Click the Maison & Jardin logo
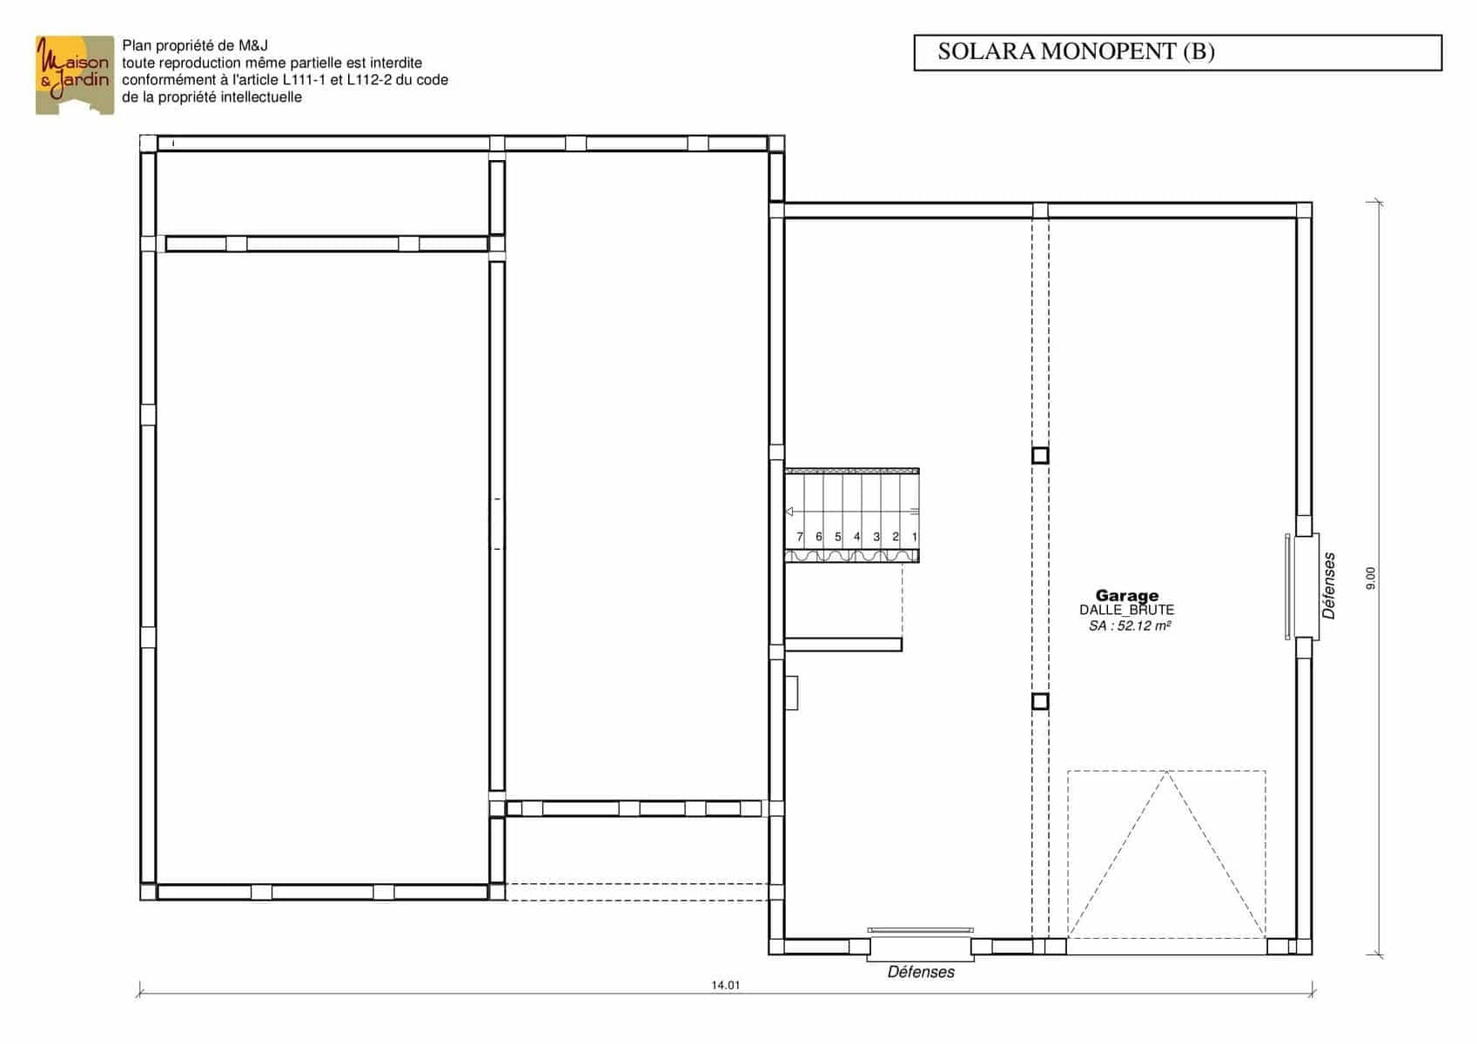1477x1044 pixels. pyautogui.click(x=75, y=75)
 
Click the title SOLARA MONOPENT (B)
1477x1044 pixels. pyautogui.click(x=1076, y=51)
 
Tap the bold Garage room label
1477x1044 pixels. pyautogui.click(x=1127, y=595)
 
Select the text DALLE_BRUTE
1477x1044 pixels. pyautogui.click(x=1127, y=611)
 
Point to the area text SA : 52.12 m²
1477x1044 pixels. pyautogui.click(x=1130, y=626)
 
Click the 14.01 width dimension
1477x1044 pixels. pyautogui.click(x=725, y=986)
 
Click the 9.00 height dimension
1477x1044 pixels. pyautogui.click(x=1371, y=578)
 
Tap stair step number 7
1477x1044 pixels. pyautogui.click(x=800, y=537)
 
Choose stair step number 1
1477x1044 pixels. pyautogui.click(x=915, y=537)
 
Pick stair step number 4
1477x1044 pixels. pyautogui.click(x=857, y=537)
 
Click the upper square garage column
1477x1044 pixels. pyautogui.click(x=1040, y=455)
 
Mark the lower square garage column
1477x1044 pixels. pyautogui.click(x=1040, y=702)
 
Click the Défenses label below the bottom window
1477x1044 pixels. pyautogui.click(x=921, y=972)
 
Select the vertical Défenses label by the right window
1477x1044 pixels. pyautogui.click(x=1329, y=586)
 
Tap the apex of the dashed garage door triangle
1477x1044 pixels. pyautogui.click(x=1166, y=772)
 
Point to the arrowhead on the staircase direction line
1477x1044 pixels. pyautogui.click(x=789, y=512)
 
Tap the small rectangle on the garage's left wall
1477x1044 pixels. pyautogui.click(x=792, y=693)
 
